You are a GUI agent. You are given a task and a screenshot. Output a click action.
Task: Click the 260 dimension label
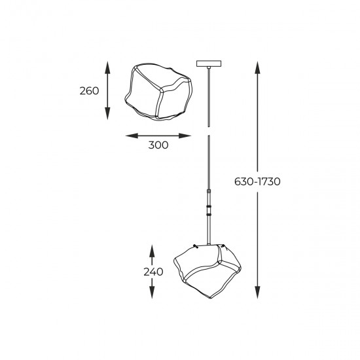pos(89,91)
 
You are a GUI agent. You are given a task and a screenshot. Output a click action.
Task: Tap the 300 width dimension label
pos(158,145)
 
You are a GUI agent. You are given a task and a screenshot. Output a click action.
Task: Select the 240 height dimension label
pos(153,272)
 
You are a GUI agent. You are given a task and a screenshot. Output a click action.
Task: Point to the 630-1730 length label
pos(257,181)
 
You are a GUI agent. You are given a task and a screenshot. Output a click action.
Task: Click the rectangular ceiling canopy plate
pos(209,63)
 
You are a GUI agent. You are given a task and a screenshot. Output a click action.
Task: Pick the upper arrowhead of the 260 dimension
pos(107,67)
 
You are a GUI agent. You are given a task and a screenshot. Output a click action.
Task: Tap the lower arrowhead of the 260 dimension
pos(107,114)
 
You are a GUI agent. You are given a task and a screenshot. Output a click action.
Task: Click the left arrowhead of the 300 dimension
pos(132,135)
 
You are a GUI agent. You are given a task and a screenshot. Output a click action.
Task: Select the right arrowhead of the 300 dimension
pos(185,135)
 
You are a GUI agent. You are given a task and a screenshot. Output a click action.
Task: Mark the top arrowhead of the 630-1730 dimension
pos(257,67)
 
